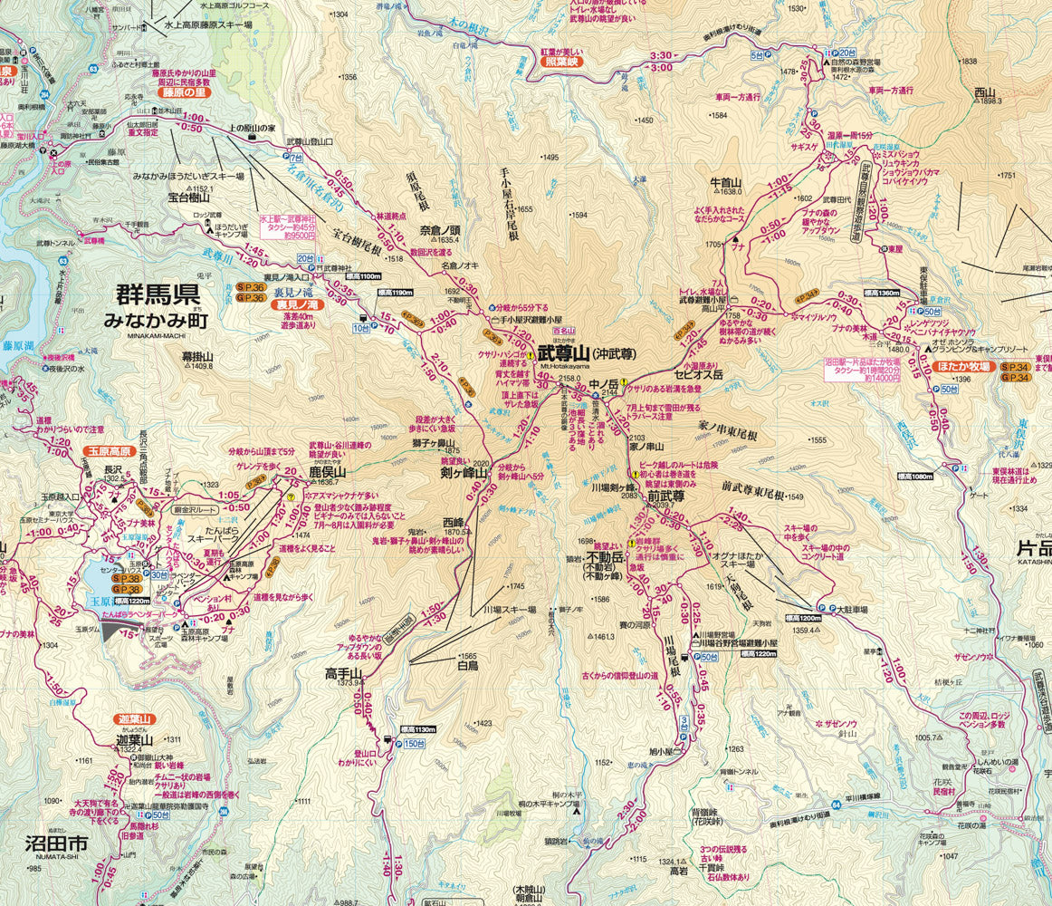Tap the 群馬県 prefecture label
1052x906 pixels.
click(x=157, y=295)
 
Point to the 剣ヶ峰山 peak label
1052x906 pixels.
click(x=464, y=474)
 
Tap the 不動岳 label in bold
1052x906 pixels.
click(x=607, y=557)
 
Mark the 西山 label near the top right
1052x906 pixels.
click(x=984, y=92)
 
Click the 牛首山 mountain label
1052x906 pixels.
click(x=726, y=181)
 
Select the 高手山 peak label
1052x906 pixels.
click(x=343, y=673)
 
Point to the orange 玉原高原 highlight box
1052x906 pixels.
click(x=109, y=450)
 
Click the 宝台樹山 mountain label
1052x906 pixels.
click(x=188, y=197)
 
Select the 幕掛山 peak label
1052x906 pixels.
click(x=196, y=357)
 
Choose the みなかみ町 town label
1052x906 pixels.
click(x=155, y=321)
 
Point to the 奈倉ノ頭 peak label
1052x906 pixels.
click(x=440, y=230)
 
